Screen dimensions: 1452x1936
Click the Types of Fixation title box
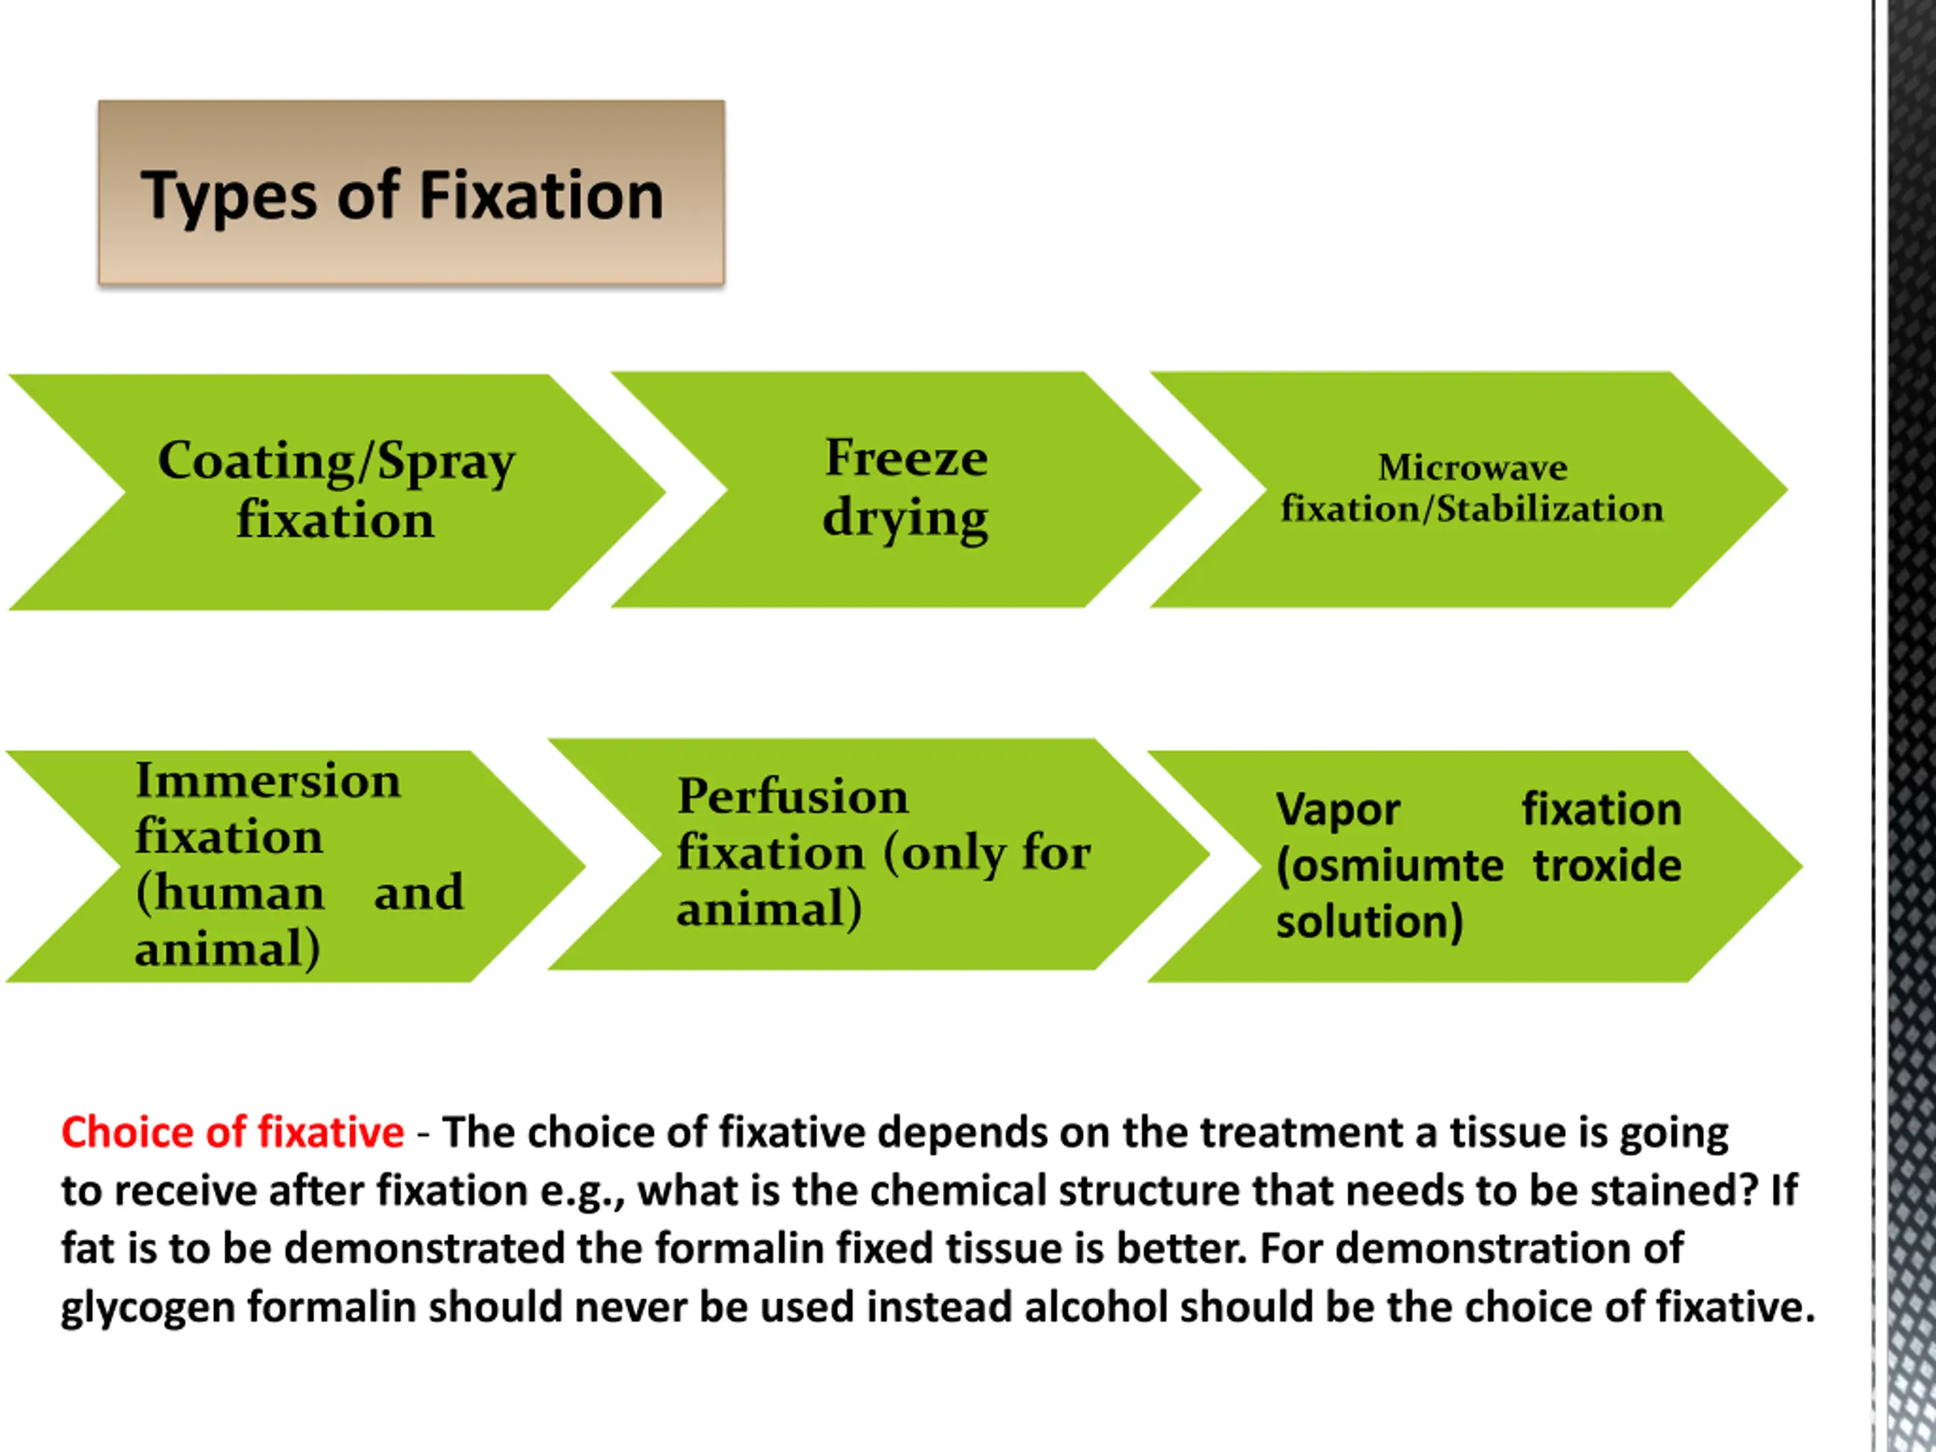411,193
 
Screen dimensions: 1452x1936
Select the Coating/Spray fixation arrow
337,492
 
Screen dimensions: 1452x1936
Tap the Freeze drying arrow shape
906,490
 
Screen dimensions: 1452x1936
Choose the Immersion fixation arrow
297,866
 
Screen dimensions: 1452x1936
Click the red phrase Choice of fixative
233,1133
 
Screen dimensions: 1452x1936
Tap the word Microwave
1472,468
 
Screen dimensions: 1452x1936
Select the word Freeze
907,458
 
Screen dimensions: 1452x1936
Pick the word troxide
1607,866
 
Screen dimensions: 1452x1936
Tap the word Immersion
268,780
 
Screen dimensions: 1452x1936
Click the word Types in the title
229,196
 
